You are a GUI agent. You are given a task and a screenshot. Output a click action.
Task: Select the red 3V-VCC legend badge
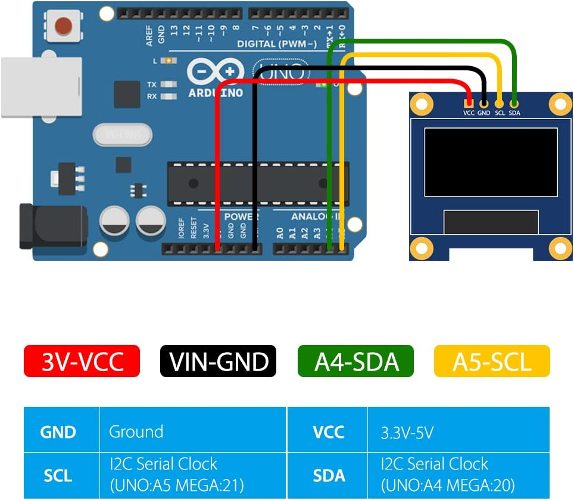82,361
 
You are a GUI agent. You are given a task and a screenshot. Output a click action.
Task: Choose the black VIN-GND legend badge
218,361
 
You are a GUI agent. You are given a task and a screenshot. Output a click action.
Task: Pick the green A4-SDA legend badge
355,361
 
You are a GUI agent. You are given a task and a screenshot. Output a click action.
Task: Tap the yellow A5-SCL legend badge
492,361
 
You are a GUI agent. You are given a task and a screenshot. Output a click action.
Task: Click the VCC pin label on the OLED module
469,112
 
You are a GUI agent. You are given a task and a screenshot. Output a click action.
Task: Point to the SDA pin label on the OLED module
514,112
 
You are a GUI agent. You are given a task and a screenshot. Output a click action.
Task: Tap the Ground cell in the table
136,431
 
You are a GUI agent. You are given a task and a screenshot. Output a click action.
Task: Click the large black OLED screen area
491,161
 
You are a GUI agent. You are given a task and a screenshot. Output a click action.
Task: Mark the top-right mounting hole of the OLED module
560,104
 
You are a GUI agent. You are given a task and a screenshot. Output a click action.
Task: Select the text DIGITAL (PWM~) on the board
273,43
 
